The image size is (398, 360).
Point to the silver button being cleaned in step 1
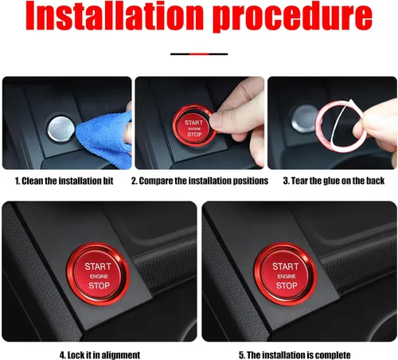pos(59,125)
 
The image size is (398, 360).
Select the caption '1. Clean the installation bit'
pos(64,182)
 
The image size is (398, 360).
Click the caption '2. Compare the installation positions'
pos(199,182)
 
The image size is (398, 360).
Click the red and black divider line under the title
pos(199,54)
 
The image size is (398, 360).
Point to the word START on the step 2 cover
pos(193,122)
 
